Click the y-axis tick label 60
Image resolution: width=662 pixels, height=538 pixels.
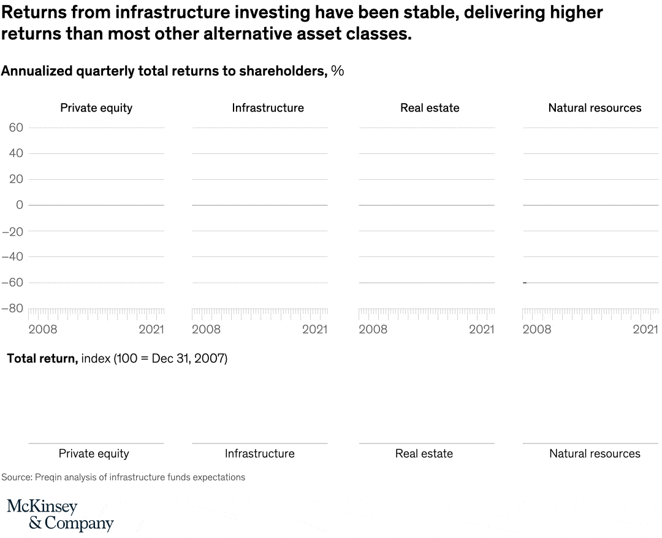[16, 128]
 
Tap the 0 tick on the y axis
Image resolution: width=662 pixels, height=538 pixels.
[20, 205]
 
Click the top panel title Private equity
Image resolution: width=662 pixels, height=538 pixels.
[96, 108]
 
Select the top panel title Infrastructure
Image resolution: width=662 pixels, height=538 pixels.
[268, 108]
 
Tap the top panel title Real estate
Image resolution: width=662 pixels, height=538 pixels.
[430, 108]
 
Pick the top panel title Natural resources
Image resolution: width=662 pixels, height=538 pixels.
[595, 108]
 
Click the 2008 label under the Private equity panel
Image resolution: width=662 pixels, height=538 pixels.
[43, 329]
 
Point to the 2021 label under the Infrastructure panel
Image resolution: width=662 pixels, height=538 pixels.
[314, 329]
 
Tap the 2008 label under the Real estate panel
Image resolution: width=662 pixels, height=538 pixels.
[373, 329]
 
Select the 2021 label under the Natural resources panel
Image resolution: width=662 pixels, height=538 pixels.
[645, 329]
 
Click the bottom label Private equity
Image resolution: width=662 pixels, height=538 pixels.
[94, 454]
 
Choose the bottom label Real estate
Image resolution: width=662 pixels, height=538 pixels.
[424, 454]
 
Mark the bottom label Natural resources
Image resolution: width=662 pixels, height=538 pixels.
[595, 454]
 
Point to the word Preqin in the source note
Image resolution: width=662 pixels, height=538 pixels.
[48, 477]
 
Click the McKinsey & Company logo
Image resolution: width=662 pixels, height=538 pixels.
[60, 515]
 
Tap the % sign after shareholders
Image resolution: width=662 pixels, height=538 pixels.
[338, 71]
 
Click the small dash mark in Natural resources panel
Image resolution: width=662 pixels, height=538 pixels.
[525, 283]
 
